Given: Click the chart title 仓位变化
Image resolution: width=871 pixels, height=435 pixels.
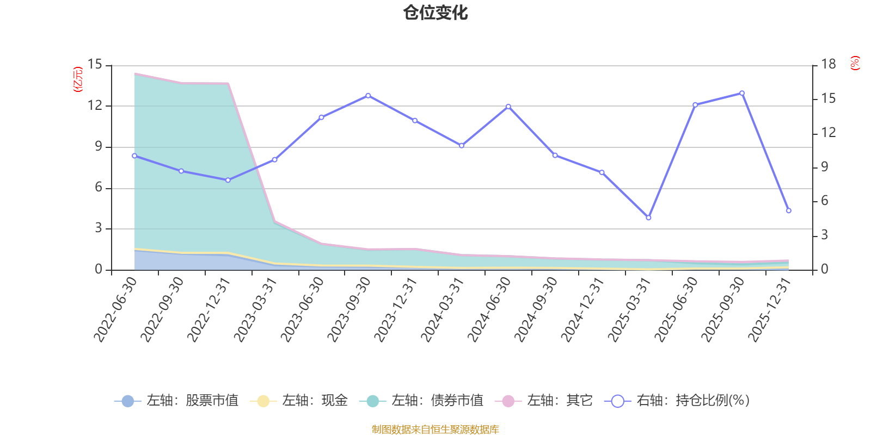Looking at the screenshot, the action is (435, 13).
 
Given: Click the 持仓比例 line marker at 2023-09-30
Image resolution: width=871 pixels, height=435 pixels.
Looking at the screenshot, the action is (368, 96).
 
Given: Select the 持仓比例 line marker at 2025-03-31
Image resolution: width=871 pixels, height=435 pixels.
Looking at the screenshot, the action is (648, 217).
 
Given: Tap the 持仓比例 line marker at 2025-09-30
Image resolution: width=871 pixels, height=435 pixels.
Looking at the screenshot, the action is (742, 93).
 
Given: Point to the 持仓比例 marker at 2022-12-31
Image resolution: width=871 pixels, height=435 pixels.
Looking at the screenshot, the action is (228, 180).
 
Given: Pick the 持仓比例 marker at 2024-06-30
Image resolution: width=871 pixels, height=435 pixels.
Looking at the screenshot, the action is (508, 107).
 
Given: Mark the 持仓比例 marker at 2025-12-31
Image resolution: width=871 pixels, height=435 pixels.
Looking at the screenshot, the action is (789, 210).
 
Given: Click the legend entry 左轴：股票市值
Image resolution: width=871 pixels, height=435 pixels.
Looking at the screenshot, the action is (176, 400).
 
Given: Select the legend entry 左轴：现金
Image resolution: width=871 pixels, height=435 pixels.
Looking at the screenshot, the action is (298, 400).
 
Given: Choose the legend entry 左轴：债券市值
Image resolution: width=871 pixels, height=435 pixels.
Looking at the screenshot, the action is (421, 400).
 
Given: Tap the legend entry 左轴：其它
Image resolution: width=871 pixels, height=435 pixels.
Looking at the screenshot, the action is (544, 400).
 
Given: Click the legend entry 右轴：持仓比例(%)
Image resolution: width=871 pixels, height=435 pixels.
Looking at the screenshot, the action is (677, 400).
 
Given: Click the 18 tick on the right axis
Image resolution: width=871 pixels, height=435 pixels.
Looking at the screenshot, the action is (828, 65).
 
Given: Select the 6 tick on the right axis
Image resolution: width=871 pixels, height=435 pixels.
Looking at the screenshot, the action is (824, 201).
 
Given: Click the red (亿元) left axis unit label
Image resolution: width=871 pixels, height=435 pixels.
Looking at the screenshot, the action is (78, 79).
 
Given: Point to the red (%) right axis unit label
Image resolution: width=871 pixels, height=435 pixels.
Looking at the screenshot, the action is (855, 63).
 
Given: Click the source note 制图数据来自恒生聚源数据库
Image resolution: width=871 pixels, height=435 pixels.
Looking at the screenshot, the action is (435, 429).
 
